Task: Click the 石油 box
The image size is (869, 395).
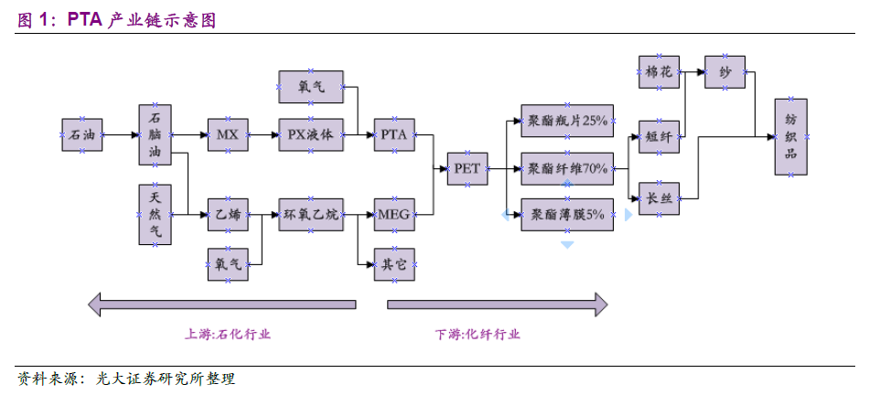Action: (x=81, y=134)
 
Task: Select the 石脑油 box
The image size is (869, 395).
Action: (x=156, y=134)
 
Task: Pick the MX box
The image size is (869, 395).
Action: (x=227, y=134)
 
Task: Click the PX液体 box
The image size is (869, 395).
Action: (x=310, y=134)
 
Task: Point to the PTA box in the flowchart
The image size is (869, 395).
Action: (x=393, y=134)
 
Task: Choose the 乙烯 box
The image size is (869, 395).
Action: (x=227, y=215)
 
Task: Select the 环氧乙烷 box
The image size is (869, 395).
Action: (x=310, y=215)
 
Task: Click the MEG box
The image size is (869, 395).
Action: (x=393, y=215)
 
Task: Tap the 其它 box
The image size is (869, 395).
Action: (x=393, y=264)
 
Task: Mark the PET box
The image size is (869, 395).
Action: (x=467, y=168)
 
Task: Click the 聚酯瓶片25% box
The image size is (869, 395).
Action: (x=566, y=121)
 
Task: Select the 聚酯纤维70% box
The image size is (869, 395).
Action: (x=566, y=168)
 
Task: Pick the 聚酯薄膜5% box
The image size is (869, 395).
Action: (x=566, y=215)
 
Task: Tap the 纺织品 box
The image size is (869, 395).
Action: (x=790, y=135)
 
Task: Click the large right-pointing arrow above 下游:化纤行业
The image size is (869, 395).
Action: (x=498, y=304)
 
